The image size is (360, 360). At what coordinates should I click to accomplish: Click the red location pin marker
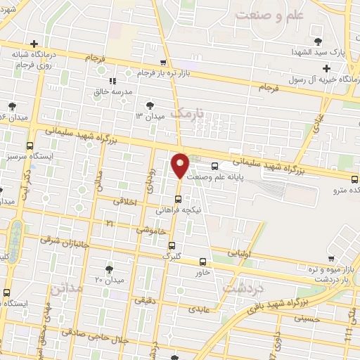[x=180, y=165]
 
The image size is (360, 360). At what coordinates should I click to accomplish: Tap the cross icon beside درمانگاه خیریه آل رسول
[x=326, y=68]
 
